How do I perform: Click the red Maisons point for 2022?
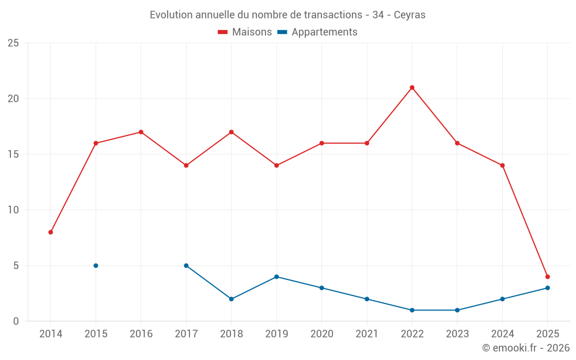point(412,88)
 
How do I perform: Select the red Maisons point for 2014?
point(51,232)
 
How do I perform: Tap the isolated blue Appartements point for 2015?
point(96,266)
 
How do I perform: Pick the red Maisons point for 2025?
point(547,276)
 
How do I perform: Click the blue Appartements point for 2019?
point(276,276)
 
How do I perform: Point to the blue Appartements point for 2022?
point(412,310)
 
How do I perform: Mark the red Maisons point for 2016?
point(141,132)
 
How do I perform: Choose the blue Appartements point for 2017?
point(186,266)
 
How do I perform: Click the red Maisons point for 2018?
point(231,132)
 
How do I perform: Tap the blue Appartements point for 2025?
point(547,288)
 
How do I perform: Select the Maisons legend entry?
point(245,32)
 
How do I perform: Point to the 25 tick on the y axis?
point(13,43)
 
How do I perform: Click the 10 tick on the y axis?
point(13,210)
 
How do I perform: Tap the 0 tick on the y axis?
point(16,321)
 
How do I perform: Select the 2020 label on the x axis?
point(321,334)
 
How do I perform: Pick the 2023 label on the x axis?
point(457,334)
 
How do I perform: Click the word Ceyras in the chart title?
point(410,15)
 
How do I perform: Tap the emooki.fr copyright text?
point(525,348)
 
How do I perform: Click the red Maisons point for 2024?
point(502,165)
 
